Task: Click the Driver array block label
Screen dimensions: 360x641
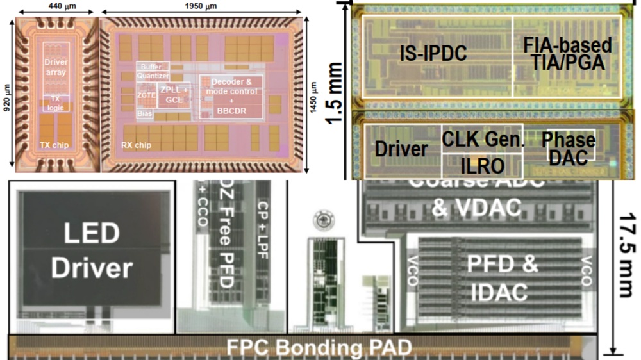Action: point(56,67)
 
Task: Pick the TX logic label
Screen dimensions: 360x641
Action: point(56,103)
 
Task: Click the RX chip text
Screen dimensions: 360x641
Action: point(136,145)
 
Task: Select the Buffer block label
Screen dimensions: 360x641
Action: point(153,66)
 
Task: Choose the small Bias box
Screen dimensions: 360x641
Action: point(145,113)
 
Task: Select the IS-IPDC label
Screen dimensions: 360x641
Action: point(432,54)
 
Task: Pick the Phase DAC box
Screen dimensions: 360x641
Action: point(569,148)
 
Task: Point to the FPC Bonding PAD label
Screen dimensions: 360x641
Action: point(319,348)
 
